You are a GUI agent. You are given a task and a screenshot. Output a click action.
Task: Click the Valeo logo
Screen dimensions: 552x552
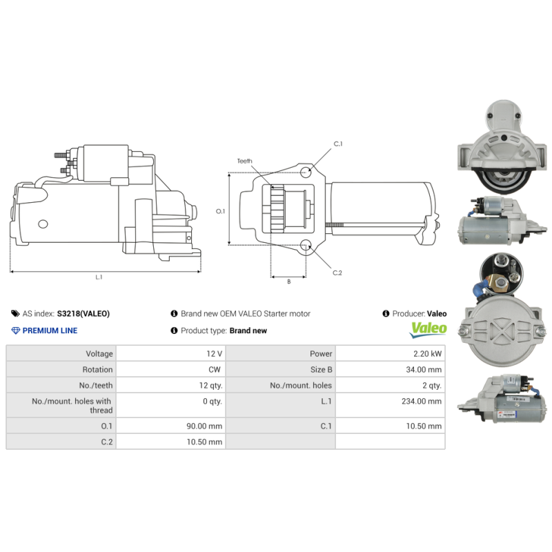(428, 330)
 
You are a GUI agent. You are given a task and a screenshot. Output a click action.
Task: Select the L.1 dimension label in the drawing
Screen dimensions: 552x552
(99, 277)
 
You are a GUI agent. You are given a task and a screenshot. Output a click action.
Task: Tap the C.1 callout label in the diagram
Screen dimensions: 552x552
(338, 144)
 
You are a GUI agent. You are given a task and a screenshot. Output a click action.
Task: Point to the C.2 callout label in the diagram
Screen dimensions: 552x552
(337, 273)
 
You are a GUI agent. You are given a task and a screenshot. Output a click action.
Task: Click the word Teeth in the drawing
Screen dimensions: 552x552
(245, 161)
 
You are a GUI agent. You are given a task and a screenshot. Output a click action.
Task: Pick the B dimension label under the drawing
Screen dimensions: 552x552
(288, 282)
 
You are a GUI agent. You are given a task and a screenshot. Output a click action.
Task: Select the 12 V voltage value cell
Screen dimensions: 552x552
(213, 353)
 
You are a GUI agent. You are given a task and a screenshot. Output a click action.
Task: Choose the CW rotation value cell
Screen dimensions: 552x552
(215, 369)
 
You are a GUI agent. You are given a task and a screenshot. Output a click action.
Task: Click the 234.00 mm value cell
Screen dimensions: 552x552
(422, 401)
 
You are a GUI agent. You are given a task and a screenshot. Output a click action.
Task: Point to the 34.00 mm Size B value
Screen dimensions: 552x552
(424, 369)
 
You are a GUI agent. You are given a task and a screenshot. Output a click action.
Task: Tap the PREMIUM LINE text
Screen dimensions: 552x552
(50, 331)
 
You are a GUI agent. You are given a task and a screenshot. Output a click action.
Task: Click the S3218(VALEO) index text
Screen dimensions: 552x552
(83, 313)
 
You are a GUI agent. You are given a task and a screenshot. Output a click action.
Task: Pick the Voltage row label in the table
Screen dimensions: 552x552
(96, 353)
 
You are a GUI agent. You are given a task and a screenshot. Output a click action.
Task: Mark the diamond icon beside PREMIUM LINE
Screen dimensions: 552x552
(16, 331)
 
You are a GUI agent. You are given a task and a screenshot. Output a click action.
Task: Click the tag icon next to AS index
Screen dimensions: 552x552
(16, 313)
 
